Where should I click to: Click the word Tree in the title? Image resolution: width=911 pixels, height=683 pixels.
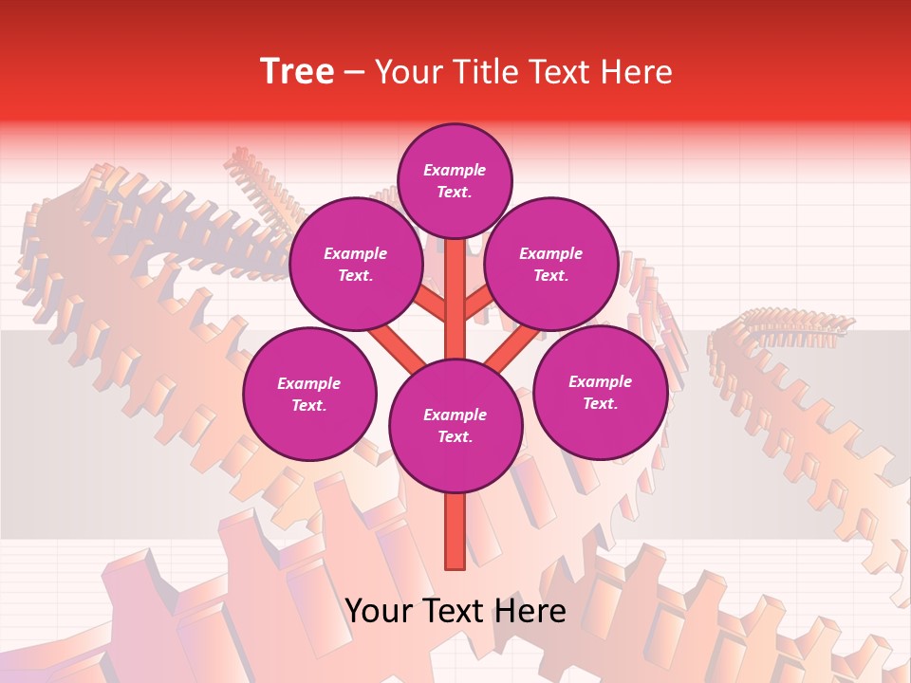pyautogui.click(x=297, y=72)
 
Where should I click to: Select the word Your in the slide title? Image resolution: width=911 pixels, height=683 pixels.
pyautogui.click(x=409, y=72)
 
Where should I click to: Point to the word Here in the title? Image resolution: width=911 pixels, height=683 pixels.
pyautogui.click(x=637, y=72)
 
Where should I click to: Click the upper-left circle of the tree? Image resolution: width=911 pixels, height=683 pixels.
pyautogui.click(x=355, y=264)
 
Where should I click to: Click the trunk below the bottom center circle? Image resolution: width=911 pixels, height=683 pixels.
pyautogui.click(x=455, y=531)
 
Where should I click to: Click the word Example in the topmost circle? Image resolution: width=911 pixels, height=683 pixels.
pyautogui.click(x=455, y=170)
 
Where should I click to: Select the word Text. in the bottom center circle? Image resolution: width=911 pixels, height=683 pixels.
pyautogui.click(x=455, y=436)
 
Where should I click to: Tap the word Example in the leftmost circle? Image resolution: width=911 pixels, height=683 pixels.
pyautogui.click(x=308, y=383)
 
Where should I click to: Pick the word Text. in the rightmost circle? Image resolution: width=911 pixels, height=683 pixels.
pyautogui.click(x=600, y=403)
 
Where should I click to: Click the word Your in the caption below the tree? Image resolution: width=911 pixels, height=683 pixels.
pyautogui.click(x=379, y=611)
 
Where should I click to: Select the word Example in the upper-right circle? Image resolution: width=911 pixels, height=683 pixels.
pyautogui.click(x=550, y=253)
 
